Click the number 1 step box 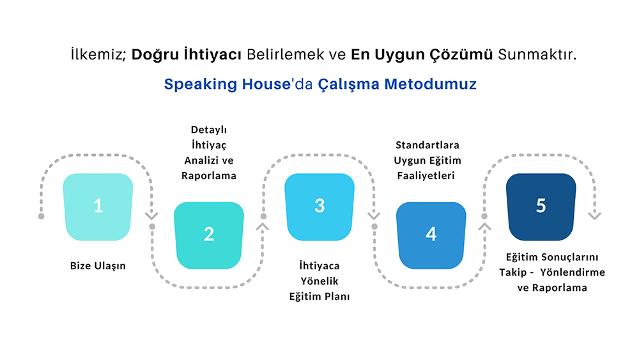(x=98, y=207)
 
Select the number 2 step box (x=209, y=235)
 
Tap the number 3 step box (x=319, y=207)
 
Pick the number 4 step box (x=431, y=235)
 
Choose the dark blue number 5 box (x=541, y=207)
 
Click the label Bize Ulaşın (x=98, y=266)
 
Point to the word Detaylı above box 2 (x=209, y=130)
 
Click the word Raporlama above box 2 (x=209, y=175)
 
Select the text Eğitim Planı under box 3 (x=319, y=297)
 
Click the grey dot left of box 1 (x=42, y=216)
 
